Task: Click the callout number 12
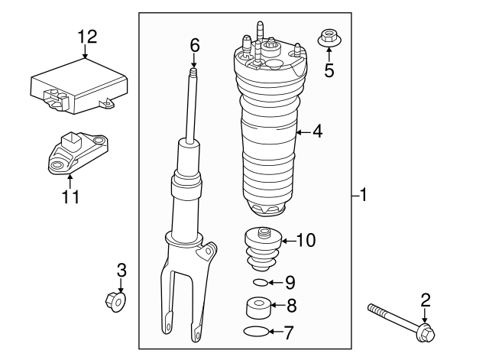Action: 87,37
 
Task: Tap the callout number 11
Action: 70,196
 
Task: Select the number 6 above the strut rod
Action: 195,46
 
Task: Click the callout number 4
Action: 317,131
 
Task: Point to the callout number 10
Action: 306,240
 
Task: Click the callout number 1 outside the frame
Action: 363,195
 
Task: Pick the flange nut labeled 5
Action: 329,38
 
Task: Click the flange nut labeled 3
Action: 116,302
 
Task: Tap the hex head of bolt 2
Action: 426,332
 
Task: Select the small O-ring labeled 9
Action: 261,283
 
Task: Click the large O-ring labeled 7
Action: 256,332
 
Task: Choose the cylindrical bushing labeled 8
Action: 258,307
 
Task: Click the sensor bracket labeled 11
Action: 78,152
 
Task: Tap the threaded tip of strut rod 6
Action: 194,72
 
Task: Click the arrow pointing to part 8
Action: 277,306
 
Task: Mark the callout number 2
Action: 426,300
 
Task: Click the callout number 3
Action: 121,270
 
